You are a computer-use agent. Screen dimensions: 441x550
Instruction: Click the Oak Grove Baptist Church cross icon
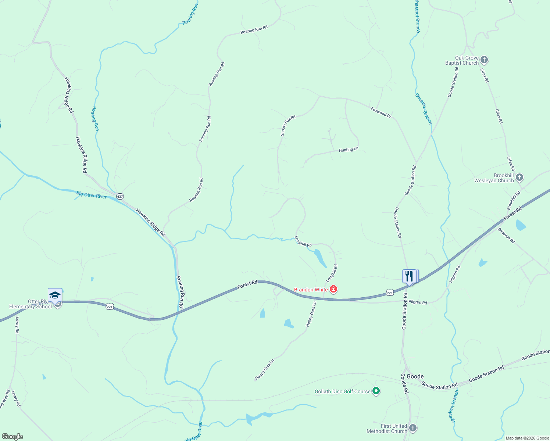tap(484, 60)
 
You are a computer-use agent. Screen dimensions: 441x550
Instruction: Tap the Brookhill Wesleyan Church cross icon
tap(519, 178)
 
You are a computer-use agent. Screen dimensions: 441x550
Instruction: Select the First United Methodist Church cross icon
tap(413, 428)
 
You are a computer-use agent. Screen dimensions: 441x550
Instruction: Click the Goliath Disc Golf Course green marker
tap(376, 391)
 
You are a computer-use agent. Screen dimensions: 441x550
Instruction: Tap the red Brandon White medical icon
tap(333, 290)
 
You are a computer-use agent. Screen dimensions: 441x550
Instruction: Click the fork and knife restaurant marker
tap(410, 276)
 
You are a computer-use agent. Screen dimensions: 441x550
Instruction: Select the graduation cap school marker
tap(55, 295)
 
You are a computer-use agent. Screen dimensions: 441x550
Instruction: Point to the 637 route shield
tap(120, 196)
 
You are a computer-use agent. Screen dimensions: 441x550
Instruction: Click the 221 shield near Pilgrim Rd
tap(390, 293)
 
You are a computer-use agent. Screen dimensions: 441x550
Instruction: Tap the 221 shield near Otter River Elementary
tap(110, 306)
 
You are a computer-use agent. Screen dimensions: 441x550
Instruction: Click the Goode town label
tap(415, 376)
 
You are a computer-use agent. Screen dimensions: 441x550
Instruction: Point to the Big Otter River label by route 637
tap(92, 195)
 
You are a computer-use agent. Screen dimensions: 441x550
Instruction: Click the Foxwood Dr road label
tap(381, 112)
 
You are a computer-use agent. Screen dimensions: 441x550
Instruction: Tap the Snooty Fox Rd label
tap(288, 126)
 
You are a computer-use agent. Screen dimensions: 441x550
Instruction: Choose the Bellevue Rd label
tap(506, 236)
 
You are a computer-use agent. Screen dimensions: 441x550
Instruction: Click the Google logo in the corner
tap(12, 437)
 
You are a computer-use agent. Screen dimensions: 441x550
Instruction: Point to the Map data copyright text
tap(527, 438)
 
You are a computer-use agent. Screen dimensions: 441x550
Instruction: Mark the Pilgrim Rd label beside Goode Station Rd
tap(418, 302)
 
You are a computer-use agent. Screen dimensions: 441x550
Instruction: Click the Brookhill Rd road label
tap(513, 200)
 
